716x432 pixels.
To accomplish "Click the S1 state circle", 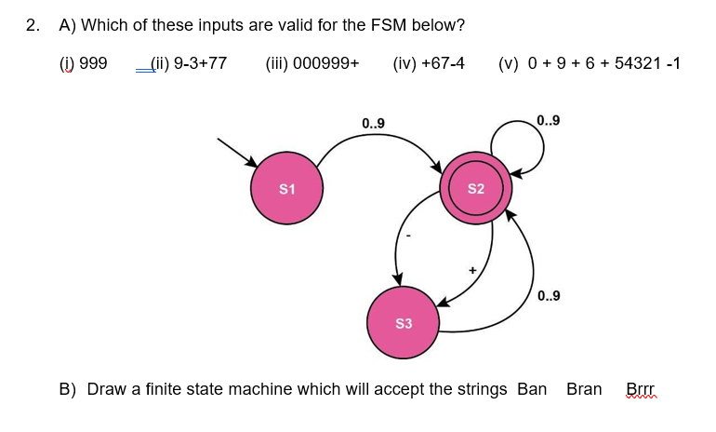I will click(x=287, y=189).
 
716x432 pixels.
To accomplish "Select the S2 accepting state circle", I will click(x=475, y=188).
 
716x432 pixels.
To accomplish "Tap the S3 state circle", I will click(x=403, y=323).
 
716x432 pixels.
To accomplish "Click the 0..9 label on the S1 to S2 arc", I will click(x=373, y=123).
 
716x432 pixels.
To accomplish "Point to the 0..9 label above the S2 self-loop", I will click(x=549, y=120).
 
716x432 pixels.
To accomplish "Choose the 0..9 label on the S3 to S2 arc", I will click(x=549, y=297).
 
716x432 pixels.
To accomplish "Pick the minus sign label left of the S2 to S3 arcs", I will click(x=406, y=236).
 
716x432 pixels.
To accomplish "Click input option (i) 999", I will click(x=83, y=63).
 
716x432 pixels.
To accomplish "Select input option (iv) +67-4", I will click(x=429, y=63).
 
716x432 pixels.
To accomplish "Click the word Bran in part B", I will click(x=584, y=388).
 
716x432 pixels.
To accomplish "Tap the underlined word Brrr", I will click(x=641, y=388).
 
